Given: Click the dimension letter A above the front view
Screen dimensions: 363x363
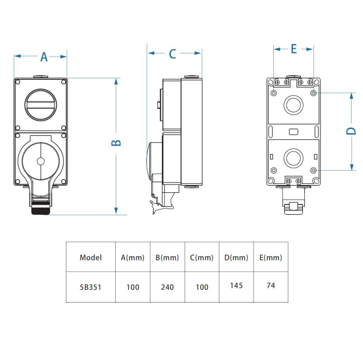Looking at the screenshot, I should (x=44, y=57).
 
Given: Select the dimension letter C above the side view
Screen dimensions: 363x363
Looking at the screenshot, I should (x=173, y=53).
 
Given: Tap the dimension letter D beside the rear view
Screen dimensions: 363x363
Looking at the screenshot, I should (x=350, y=131).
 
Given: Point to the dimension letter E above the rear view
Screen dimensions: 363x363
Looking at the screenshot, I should (x=294, y=49).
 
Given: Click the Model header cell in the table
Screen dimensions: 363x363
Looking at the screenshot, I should (x=91, y=257).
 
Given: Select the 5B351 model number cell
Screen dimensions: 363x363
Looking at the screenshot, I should (x=91, y=287).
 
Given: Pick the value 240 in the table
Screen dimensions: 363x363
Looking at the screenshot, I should (x=167, y=287).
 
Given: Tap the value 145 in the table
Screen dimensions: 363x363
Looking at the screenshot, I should (x=236, y=285).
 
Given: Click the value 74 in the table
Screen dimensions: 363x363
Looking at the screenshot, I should (x=270, y=285).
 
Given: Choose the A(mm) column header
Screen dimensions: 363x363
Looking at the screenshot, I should (x=133, y=257).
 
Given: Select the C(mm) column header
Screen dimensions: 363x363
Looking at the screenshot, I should (x=202, y=257).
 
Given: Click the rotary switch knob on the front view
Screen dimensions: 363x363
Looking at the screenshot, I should (x=40, y=103).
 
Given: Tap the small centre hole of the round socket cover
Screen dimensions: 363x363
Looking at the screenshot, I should (x=40, y=161).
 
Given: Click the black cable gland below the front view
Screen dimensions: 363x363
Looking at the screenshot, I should (x=40, y=210).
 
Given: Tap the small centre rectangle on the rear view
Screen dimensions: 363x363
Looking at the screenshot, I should (x=293, y=131).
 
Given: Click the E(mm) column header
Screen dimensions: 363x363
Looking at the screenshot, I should (x=270, y=257).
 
